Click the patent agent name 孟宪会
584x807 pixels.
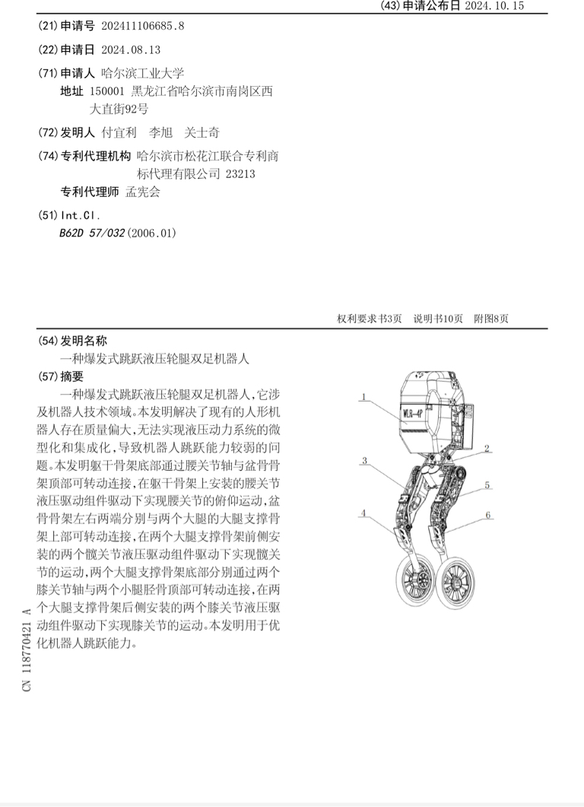click(143, 192)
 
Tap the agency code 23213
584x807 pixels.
click(240, 173)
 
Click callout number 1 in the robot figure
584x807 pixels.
click(364, 396)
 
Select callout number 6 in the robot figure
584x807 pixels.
click(488, 515)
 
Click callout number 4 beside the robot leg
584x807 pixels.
click(364, 514)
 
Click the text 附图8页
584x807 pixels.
click(491, 319)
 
